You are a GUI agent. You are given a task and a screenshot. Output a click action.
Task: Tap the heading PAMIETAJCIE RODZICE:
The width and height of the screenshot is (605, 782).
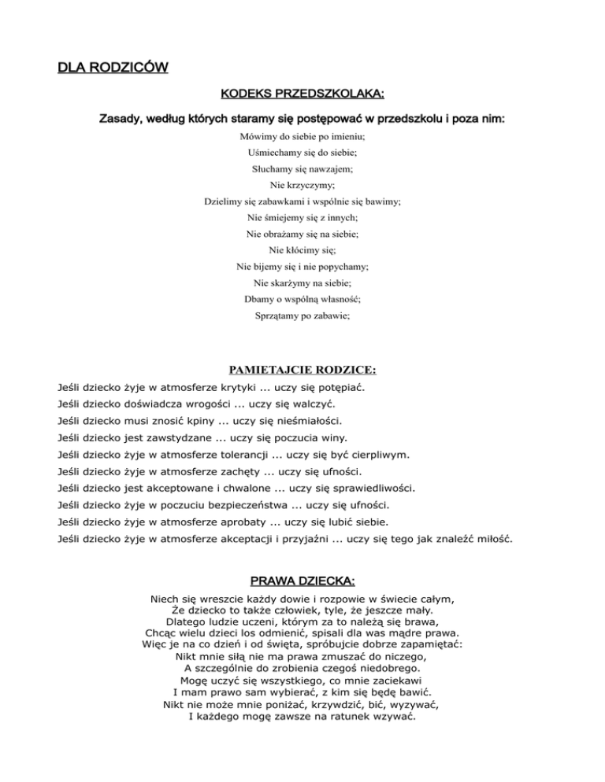click(302, 368)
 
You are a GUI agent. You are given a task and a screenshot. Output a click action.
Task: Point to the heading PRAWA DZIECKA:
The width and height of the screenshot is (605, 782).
click(302, 581)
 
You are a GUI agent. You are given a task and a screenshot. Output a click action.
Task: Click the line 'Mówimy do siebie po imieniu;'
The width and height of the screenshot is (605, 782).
click(302, 136)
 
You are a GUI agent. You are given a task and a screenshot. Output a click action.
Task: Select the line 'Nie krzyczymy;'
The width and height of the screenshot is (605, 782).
click(302, 185)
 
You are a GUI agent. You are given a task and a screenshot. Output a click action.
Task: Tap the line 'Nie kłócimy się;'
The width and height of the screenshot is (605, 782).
click(302, 250)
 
